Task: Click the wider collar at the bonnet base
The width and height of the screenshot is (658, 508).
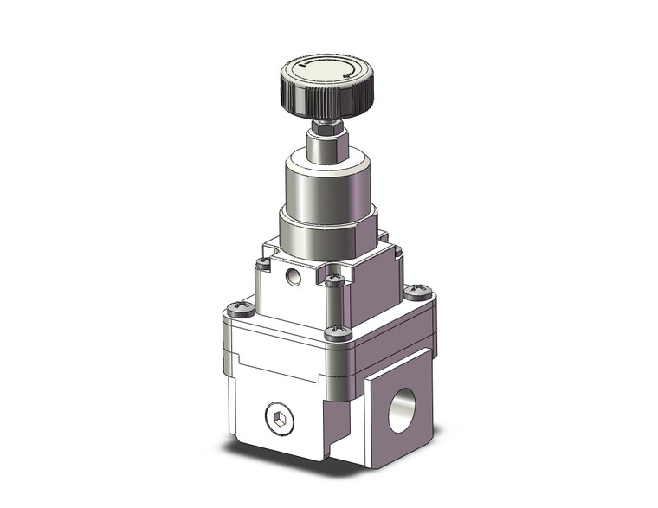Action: (325, 232)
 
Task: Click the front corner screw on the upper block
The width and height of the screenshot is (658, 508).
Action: (333, 278)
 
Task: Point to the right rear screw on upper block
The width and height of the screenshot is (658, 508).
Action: (397, 250)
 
